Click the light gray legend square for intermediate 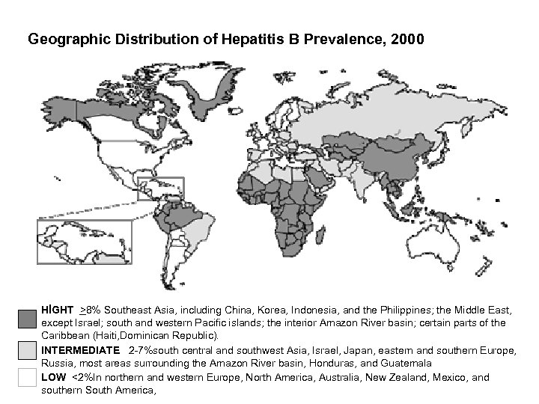[27, 351]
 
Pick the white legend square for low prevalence [27, 379]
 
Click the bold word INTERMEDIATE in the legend [80, 350]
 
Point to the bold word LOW [53, 378]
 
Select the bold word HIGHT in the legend [57, 309]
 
